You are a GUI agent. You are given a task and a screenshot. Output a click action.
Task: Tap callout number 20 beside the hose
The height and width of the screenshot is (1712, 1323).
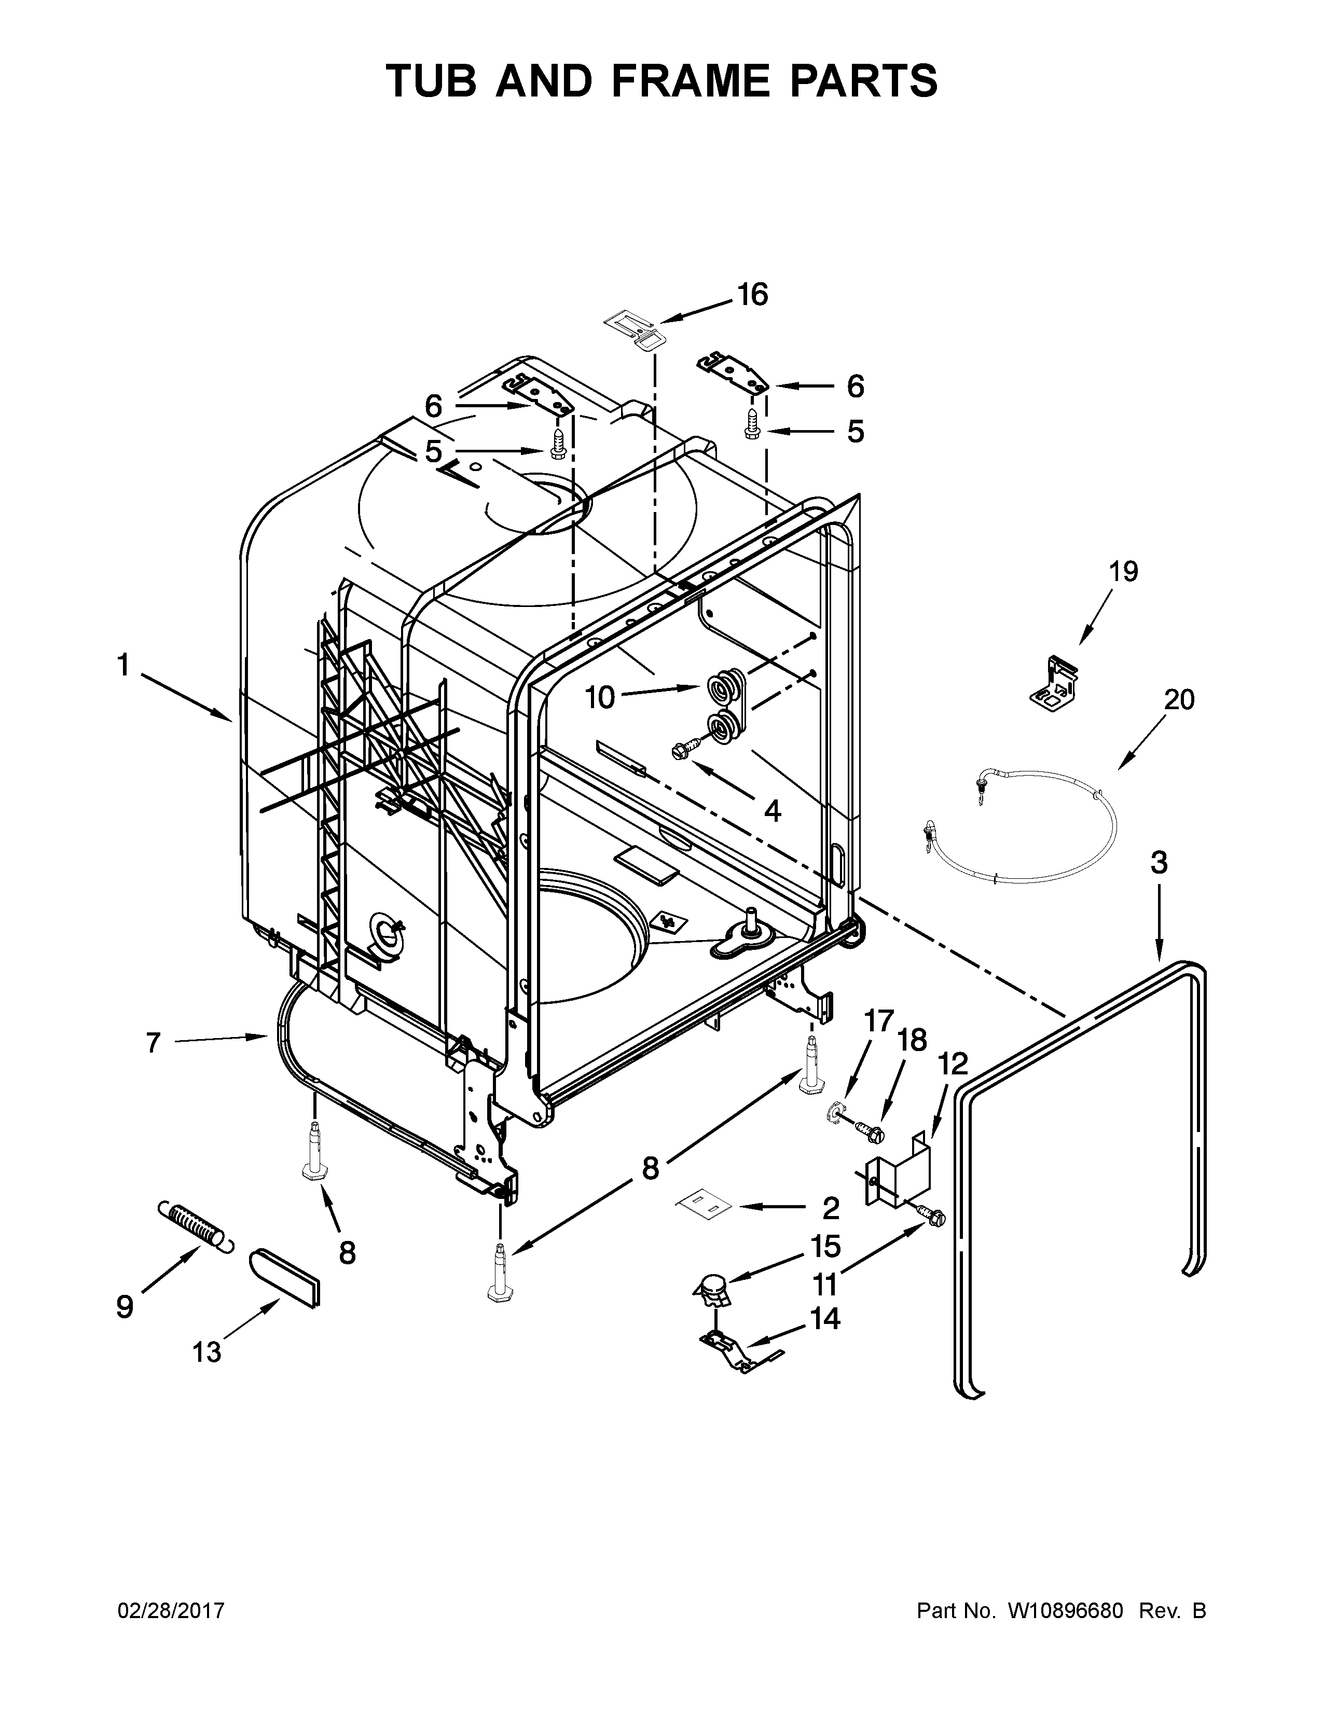tap(1178, 699)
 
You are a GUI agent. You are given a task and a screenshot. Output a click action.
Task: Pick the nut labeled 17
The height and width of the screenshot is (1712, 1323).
tap(836, 1112)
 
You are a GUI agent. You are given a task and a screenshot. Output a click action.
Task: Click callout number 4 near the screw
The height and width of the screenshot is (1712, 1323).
tap(772, 810)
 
